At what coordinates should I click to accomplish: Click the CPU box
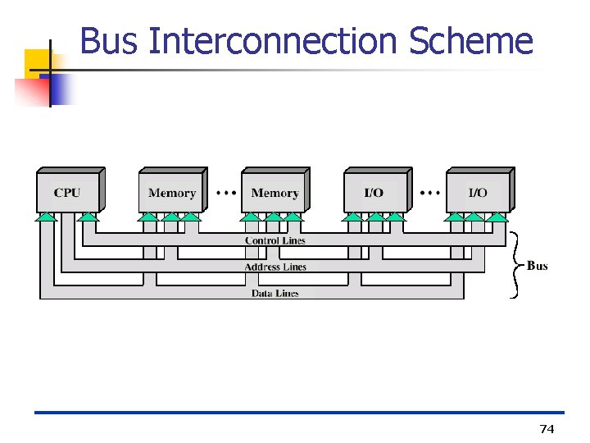(x=68, y=192)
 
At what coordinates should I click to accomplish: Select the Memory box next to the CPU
(x=171, y=192)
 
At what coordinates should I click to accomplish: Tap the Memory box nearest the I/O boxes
(x=275, y=192)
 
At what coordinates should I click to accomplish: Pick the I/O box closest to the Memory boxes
(x=374, y=192)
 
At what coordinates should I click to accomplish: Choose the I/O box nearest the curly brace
(x=478, y=192)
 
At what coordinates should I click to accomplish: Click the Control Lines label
(x=275, y=240)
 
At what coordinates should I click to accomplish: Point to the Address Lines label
(x=275, y=267)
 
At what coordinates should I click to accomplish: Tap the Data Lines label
(x=275, y=293)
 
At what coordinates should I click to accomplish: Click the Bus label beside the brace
(x=538, y=266)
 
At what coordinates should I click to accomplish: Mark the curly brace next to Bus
(x=515, y=265)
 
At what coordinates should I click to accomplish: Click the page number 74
(x=547, y=429)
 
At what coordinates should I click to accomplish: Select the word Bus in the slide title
(x=110, y=40)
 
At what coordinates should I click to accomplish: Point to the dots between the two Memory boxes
(x=226, y=193)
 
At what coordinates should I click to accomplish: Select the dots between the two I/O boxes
(x=430, y=193)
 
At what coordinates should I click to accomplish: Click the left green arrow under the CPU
(x=47, y=217)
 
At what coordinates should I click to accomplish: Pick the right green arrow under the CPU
(x=88, y=217)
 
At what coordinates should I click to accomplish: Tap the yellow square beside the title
(x=38, y=62)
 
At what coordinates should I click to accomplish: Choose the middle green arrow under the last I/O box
(x=475, y=217)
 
